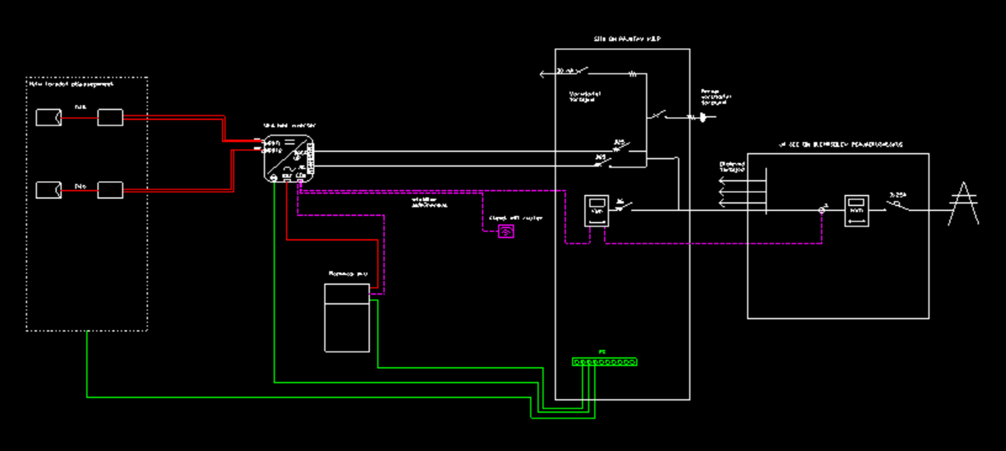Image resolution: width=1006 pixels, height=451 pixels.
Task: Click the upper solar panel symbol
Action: pos(48,117)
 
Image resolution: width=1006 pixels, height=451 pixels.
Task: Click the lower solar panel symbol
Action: pos(48,190)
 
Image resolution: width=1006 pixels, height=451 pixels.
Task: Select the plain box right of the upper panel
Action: pos(110,117)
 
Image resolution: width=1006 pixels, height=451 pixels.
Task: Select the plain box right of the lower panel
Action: pos(110,190)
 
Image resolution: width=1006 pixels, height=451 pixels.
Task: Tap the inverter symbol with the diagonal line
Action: pos(288,158)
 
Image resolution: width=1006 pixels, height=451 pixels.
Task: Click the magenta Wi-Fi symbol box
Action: pos(506,231)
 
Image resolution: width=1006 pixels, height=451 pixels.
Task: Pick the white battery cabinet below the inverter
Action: pos(347,318)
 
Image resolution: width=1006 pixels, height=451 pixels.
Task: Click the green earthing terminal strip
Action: pos(604,362)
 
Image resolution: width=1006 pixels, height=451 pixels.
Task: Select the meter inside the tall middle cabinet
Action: pos(596,211)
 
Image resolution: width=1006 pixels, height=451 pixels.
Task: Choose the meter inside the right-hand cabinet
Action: pos(857,211)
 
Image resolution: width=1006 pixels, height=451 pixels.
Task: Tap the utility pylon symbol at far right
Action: pos(963,204)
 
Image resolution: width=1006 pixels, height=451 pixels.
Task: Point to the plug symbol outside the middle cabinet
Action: pos(703,117)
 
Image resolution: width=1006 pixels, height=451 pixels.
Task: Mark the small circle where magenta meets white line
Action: pos(822,210)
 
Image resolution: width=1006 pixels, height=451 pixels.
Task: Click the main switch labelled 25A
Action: pos(898,205)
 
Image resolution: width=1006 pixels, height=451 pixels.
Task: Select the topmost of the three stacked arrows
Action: pos(723,181)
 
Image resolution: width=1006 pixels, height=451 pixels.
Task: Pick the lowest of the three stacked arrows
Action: pos(723,203)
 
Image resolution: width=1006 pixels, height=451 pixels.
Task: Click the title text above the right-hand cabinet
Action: pos(840,144)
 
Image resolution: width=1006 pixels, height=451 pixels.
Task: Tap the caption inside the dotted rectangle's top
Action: pos(71,84)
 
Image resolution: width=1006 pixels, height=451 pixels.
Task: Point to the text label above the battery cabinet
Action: pos(348,274)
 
